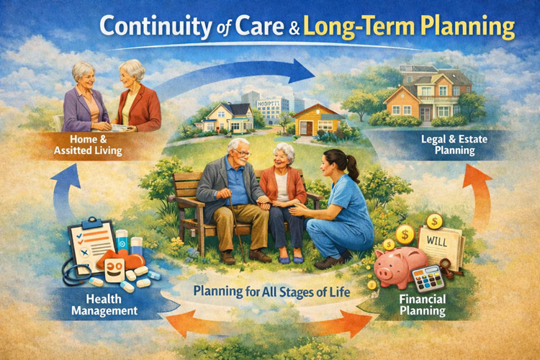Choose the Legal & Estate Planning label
click(448, 145)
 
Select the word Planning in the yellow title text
click(472, 27)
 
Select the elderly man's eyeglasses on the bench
click(243, 153)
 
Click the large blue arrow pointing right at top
click(238, 72)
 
